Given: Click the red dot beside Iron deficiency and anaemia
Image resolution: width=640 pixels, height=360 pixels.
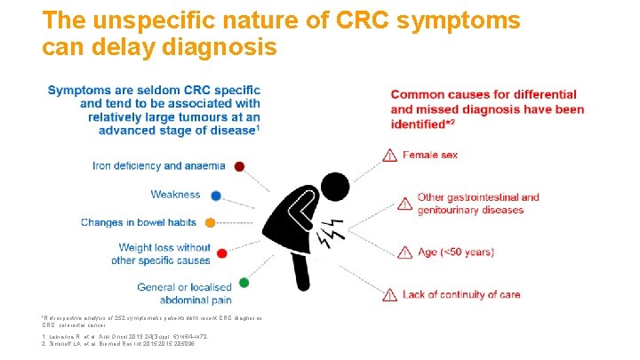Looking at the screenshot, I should click(x=240, y=166).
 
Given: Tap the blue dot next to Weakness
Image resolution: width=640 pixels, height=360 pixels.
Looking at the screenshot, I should click(x=216, y=196).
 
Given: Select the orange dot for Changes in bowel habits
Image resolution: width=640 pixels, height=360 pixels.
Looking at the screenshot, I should click(x=211, y=222).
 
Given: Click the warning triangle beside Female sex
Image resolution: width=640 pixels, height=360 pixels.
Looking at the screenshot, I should click(x=389, y=156).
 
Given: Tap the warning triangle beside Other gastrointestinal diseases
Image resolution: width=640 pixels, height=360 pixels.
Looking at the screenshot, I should click(x=404, y=204).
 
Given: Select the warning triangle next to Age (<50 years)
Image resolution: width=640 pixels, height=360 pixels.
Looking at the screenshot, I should click(x=404, y=252).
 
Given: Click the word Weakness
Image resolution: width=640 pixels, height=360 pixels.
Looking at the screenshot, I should click(x=175, y=195).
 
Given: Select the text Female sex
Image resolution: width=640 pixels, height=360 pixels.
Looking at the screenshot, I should click(x=430, y=156).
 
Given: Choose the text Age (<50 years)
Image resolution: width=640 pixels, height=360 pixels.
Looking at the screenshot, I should click(x=455, y=252).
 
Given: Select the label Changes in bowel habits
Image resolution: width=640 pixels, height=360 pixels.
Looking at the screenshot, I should click(x=140, y=222).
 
